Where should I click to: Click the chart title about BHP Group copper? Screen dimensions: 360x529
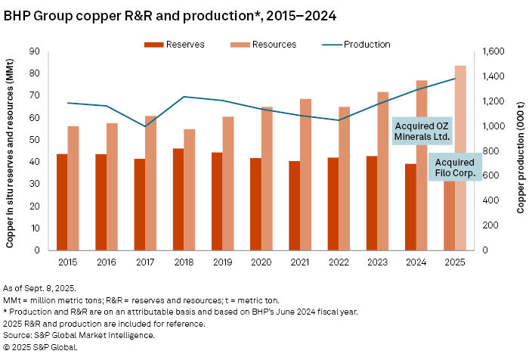coord(169,15)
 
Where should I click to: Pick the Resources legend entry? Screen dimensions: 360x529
coord(261,45)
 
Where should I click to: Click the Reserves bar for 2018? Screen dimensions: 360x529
coord(178,199)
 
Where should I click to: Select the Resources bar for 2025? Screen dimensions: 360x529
coord(460,158)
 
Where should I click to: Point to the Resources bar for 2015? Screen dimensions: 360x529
coord(73,188)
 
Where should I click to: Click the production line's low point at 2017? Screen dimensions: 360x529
coord(144,126)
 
